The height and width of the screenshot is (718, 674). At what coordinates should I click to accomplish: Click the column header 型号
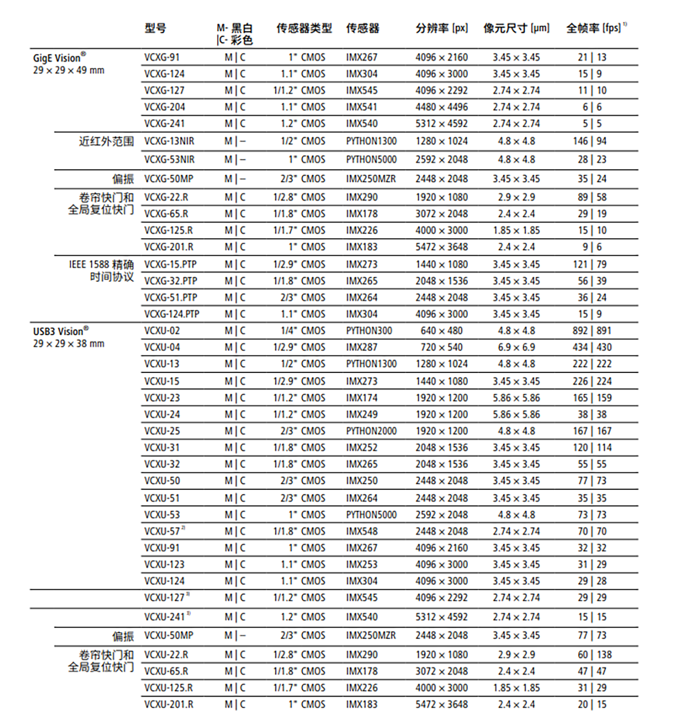click(x=155, y=28)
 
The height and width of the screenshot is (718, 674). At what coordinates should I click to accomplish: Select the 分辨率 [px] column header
click(x=441, y=28)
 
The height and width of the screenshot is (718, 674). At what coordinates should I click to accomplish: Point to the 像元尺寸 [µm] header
click(x=516, y=28)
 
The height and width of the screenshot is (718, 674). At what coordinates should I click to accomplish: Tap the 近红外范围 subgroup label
click(x=106, y=141)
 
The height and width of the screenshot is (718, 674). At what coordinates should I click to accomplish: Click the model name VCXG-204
click(x=165, y=107)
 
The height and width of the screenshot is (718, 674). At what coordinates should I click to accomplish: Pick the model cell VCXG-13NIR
click(x=169, y=141)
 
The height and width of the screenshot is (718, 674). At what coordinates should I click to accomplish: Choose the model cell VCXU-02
click(x=162, y=331)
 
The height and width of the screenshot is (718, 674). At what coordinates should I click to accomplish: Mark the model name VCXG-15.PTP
click(x=171, y=265)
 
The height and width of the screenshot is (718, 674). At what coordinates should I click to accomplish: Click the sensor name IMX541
click(x=362, y=107)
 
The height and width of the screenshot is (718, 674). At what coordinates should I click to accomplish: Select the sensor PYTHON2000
click(x=371, y=431)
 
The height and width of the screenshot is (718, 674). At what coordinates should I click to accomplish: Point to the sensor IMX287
click(x=362, y=347)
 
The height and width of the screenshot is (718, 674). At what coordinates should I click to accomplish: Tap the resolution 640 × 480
click(x=441, y=331)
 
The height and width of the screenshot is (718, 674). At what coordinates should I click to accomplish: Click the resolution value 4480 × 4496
click(x=441, y=107)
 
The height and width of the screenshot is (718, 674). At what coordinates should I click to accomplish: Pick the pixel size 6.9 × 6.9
click(x=516, y=347)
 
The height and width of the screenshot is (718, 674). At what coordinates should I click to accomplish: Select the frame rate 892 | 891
click(x=592, y=331)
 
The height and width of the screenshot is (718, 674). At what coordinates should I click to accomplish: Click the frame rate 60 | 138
click(x=592, y=655)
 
